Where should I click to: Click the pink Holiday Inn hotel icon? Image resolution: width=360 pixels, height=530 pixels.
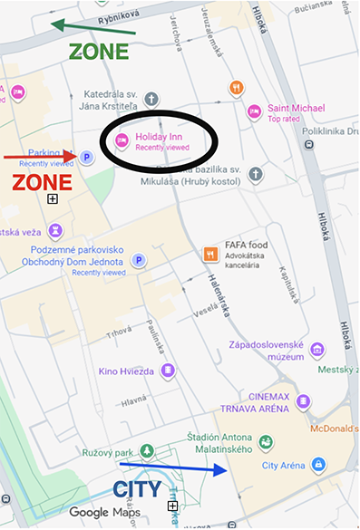tap(122, 140)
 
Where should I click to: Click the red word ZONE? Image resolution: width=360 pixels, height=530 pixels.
tap(42, 182)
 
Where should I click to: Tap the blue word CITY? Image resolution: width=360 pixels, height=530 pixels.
tap(137, 490)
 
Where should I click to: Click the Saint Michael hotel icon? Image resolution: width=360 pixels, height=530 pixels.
tap(254, 111)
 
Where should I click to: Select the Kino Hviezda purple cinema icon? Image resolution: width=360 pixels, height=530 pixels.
tap(167, 371)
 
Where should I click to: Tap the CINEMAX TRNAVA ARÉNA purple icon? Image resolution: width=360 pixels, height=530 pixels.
tap(303, 401)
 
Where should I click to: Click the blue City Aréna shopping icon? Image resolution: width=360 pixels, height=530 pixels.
tap(317, 465)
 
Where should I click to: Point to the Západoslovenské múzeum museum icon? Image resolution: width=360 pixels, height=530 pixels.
tap(316, 350)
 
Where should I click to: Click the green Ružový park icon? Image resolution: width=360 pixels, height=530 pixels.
tap(147, 450)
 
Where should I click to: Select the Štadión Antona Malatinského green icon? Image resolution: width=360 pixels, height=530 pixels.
tap(265, 442)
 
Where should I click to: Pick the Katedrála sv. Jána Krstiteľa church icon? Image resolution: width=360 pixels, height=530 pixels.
tap(152, 98)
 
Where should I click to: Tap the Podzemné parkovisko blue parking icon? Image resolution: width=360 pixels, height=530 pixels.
tap(140, 260)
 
